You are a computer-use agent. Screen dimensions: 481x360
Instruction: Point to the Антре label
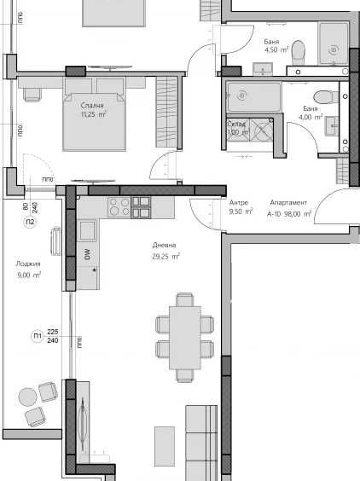click(239, 203)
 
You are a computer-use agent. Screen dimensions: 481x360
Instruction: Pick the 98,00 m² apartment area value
click(299, 215)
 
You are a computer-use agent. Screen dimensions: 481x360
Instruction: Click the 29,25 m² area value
click(165, 256)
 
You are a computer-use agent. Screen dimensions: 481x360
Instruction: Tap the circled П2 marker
click(31, 223)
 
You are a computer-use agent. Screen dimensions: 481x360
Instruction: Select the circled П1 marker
click(37, 336)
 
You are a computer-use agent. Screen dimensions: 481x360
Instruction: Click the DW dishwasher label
click(87, 253)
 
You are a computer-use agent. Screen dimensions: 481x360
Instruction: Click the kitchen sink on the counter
click(86, 229)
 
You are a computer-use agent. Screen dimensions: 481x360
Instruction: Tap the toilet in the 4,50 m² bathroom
click(297, 52)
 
